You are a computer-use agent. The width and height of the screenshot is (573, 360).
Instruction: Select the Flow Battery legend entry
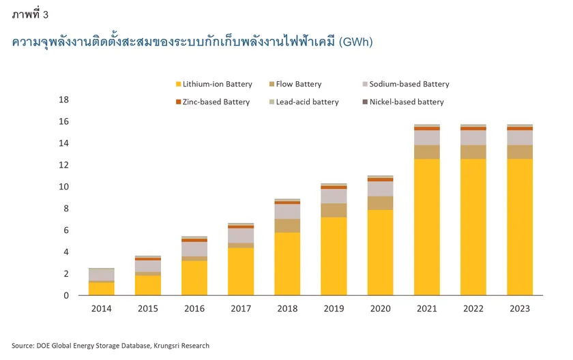tap(298, 85)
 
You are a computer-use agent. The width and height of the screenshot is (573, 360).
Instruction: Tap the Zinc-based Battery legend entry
tap(216, 102)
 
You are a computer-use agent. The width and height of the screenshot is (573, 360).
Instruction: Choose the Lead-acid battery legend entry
tap(307, 102)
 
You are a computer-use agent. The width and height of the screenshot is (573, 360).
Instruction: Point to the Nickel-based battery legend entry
tap(407, 102)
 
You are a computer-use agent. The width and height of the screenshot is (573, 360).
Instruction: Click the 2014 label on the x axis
tap(102, 309)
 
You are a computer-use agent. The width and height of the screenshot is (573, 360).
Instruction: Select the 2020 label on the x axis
tap(381, 309)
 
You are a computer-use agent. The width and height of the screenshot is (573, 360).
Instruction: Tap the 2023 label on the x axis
tap(520, 309)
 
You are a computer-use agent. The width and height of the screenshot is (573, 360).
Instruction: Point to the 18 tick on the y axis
tap(64, 100)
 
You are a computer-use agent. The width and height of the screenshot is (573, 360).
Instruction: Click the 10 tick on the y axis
tap(64, 187)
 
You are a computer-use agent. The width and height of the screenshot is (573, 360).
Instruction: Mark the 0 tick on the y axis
tap(66, 296)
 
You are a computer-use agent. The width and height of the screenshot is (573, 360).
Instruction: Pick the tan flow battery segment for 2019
tap(334, 210)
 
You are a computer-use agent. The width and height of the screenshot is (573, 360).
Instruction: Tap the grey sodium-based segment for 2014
tap(102, 274)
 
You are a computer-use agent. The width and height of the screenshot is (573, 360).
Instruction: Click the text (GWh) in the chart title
tap(355, 42)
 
